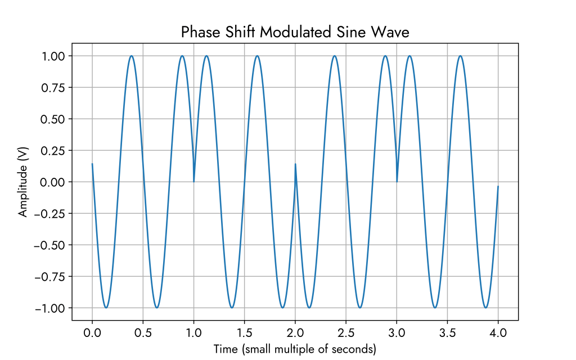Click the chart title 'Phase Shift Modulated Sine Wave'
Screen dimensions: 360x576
(x=295, y=32)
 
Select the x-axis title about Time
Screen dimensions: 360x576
(x=295, y=349)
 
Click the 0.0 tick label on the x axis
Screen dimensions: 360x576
(x=92, y=333)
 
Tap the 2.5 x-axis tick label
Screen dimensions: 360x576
(x=346, y=333)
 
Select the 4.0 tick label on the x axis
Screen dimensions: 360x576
(x=498, y=333)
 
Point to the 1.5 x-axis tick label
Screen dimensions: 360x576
(x=245, y=333)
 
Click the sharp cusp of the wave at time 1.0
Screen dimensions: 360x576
(x=194, y=181)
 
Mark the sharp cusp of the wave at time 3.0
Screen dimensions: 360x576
(x=397, y=181)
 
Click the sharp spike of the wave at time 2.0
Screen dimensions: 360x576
(x=295, y=164)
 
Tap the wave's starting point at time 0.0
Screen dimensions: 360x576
(x=92, y=164)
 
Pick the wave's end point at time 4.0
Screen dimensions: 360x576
(x=498, y=186)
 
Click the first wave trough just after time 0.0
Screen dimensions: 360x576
(x=106, y=308)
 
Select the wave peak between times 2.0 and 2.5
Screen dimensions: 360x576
(x=335, y=56)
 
